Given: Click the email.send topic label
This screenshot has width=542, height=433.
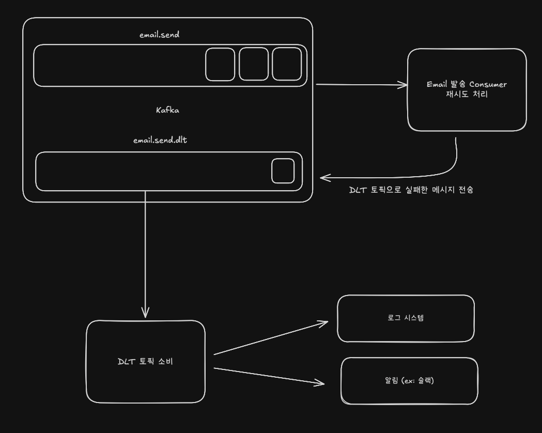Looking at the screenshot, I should pos(159,35).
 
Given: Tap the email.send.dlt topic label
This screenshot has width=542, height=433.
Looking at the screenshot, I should pos(160,140).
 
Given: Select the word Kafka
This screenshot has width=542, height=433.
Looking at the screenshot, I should pos(167,110).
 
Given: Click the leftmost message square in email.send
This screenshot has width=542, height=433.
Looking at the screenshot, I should pos(220,65).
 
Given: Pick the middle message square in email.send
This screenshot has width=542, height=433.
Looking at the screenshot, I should pos(254,65).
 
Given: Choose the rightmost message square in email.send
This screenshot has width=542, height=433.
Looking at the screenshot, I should pos(287,65).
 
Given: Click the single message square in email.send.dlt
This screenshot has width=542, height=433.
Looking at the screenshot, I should pos(283,171).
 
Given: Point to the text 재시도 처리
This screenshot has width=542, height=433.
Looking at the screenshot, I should pos(467,95).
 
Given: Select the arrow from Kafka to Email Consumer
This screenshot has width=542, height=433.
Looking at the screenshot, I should pos(362,84).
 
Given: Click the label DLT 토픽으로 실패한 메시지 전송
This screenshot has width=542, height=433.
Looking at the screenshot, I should pos(411,190).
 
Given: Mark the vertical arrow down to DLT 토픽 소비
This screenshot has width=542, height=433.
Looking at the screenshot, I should pos(145,253).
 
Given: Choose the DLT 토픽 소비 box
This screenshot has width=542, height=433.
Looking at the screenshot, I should pos(145,382).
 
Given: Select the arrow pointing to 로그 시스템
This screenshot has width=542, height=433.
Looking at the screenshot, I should pos(271,338).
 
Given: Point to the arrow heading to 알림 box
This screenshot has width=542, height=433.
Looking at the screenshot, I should pos(269,376).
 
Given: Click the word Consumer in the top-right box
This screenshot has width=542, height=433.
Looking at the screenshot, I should pos(488,84).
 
